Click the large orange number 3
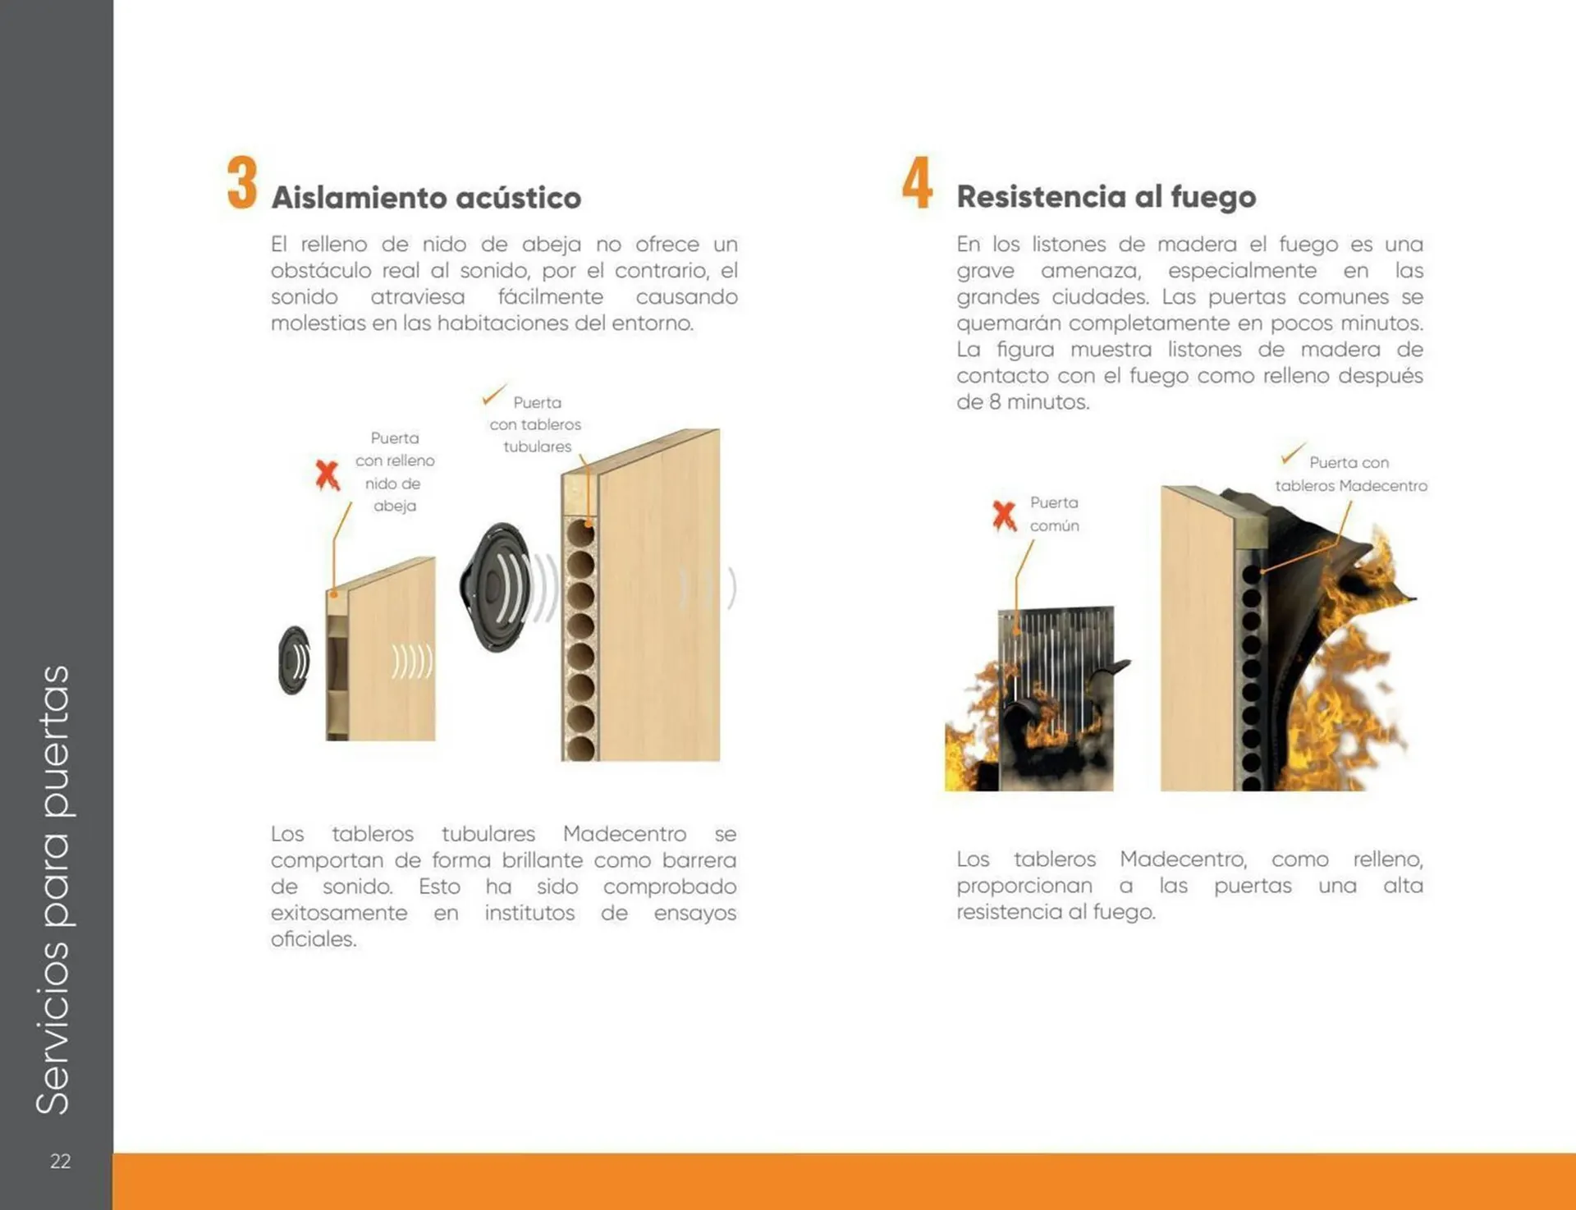click(x=242, y=183)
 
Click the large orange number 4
click(x=917, y=183)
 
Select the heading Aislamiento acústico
click(x=426, y=198)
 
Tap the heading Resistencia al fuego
click(x=1106, y=197)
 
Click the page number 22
click(x=60, y=1161)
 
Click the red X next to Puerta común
click(x=1004, y=516)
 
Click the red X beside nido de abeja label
click(x=327, y=474)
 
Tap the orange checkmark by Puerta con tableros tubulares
click(x=493, y=395)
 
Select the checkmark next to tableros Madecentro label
click(x=1293, y=453)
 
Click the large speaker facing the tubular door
click(x=497, y=587)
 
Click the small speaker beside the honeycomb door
click(x=294, y=660)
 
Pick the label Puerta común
click(x=1054, y=514)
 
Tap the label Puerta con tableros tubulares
click(x=536, y=424)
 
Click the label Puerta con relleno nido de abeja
click(x=395, y=472)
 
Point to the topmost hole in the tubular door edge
click(x=580, y=533)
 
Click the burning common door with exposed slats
click(x=1055, y=698)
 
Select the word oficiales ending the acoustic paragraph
click(x=313, y=939)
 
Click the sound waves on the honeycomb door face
click(x=411, y=662)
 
